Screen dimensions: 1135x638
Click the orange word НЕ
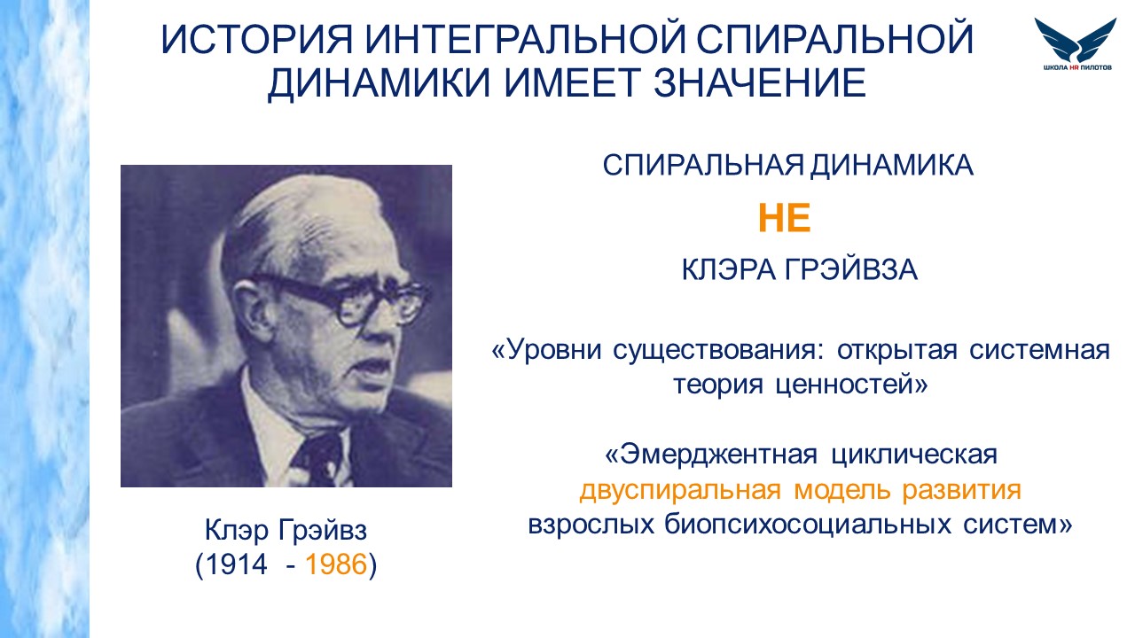coord(785,218)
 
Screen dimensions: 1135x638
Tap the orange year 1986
coord(336,564)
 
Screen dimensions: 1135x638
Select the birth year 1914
coord(236,564)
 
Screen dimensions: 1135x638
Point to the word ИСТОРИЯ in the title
coord(256,39)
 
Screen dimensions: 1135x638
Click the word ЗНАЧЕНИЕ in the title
coord(760,82)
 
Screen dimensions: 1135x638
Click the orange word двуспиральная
coord(680,490)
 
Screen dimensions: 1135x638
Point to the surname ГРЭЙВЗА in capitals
coord(850,269)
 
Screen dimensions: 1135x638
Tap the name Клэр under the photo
coord(237,530)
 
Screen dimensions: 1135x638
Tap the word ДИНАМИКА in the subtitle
coord(892,166)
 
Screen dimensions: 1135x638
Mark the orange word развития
coord(961,490)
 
